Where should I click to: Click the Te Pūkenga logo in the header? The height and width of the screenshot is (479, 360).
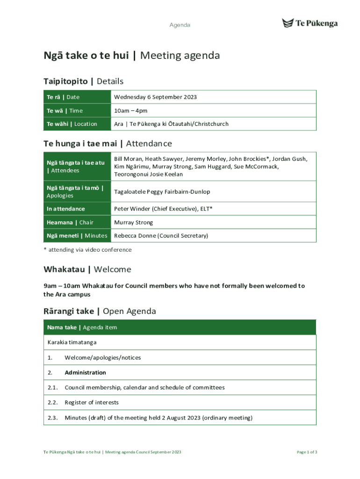pyautogui.click(x=310, y=23)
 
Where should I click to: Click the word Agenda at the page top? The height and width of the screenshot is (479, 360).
pyautogui.click(x=180, y=25)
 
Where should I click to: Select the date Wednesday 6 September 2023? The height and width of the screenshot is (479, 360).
pyautogui.click(x=155, y=97)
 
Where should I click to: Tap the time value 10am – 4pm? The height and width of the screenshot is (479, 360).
pyautogui.click(x=131, y=111)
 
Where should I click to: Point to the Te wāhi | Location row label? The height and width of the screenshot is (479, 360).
pyautogui.click(x=72, y=124)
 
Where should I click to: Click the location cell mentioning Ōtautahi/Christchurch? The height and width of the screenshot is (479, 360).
pyautogui.click(x=171, y=124)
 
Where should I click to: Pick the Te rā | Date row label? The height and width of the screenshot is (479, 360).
pyautogui.click(x=63, y=97)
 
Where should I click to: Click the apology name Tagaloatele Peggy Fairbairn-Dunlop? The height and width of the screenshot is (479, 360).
pyautogui.click(x=162, y=192)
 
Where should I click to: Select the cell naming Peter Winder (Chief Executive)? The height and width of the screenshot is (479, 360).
pyautogui.click(x=163, y=209)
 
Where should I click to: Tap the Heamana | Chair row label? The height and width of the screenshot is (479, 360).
pyautogui.click(x=70, y=223)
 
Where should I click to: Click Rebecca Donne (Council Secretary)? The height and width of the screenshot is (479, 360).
pyautogui.click(x=161, y=236)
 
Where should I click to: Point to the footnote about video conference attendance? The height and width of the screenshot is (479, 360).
pyautogui.click(x=87, y=250)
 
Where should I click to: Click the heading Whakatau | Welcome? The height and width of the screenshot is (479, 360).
pyautogui.click(x=87, y=269)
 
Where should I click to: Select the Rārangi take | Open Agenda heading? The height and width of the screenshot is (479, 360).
pyautogui.click(x=100, y=311)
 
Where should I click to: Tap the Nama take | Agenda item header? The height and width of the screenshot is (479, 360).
pyautogui.click(x=82, y=327)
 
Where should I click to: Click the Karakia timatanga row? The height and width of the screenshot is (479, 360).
pyautogui.click(x=72, y=342)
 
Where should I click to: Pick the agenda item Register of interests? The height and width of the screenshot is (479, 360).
pyautogui.click(x=92, y=402)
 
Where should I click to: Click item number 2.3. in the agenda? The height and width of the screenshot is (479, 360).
pyautogui.click(x=52, y=418)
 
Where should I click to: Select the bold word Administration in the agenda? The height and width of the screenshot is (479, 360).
pyautogui.click(x=85, y=373)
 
